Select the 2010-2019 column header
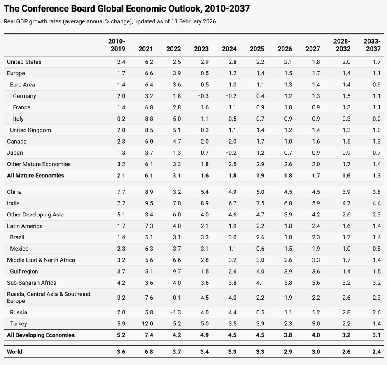117,45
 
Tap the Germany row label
24,96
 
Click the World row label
14,352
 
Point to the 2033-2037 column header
372,45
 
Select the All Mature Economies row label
35,176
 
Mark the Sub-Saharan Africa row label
31,283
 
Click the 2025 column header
257,49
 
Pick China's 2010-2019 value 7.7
121,192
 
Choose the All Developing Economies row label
41,335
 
